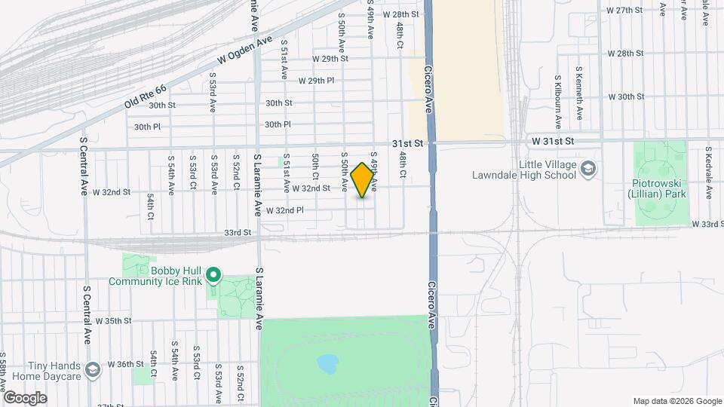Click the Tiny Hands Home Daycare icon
[92, 369]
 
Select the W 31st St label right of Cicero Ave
[553, 141]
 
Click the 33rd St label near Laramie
[236, 233]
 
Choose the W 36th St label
[125, 363]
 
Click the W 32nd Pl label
[284, 210]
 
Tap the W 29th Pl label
[316, 81]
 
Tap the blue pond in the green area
[327, 365]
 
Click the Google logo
[25, 398]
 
